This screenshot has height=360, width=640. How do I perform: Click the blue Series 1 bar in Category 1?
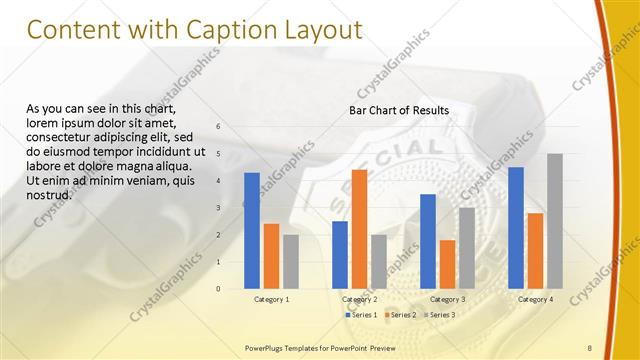[x=252, y=231]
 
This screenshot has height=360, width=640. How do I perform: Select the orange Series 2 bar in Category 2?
[x=359, y=229]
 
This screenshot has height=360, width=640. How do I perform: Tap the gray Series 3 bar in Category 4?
[x=555, y=221]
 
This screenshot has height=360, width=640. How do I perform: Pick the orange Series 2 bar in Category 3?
[x=447, y=264]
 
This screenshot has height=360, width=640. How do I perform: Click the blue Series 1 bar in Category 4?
[x=516, y=228]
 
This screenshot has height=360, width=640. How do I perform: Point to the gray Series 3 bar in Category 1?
[x=290, y=262]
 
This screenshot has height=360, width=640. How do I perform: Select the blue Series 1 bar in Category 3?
[x=428, y=241]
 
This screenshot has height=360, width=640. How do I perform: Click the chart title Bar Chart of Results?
[x=399, y=110]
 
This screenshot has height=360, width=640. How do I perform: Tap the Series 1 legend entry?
[x=363, y=315]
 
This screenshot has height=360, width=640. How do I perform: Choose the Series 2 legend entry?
[x=400, y=315]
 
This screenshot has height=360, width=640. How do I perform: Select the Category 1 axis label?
[x=271, y=299]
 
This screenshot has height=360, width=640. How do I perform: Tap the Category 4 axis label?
[x=535, y=299]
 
